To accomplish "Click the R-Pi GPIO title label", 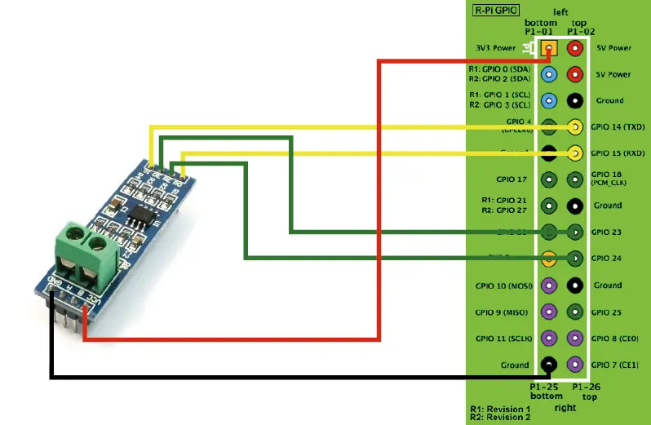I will pyautogui.click(x=498, y=11).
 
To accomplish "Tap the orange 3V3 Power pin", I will pyautogui.click(x=549, y=48).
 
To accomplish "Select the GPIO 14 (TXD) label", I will pyautogui.click(x=618, y=127).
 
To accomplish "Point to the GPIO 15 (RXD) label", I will pyautogui.click(x=618, y=153).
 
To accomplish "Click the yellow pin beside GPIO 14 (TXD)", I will pyautogui.click(x=575, y=126).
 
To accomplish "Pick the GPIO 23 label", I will pyautogui.click(x=607, y=232).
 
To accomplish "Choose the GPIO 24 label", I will pyautogui.click(x=607, y=259).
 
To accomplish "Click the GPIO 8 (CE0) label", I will pyautogui.click(x=615, y=338).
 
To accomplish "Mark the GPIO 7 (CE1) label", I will pyautogui.click(x=615, y=365).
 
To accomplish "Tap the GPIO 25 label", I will pyautogui.click(x=607, y=312).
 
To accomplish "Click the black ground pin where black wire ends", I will pyautogui.click(x=549, y=365).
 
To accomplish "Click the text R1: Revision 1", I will pyautogui.click(x=499, y=409).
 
